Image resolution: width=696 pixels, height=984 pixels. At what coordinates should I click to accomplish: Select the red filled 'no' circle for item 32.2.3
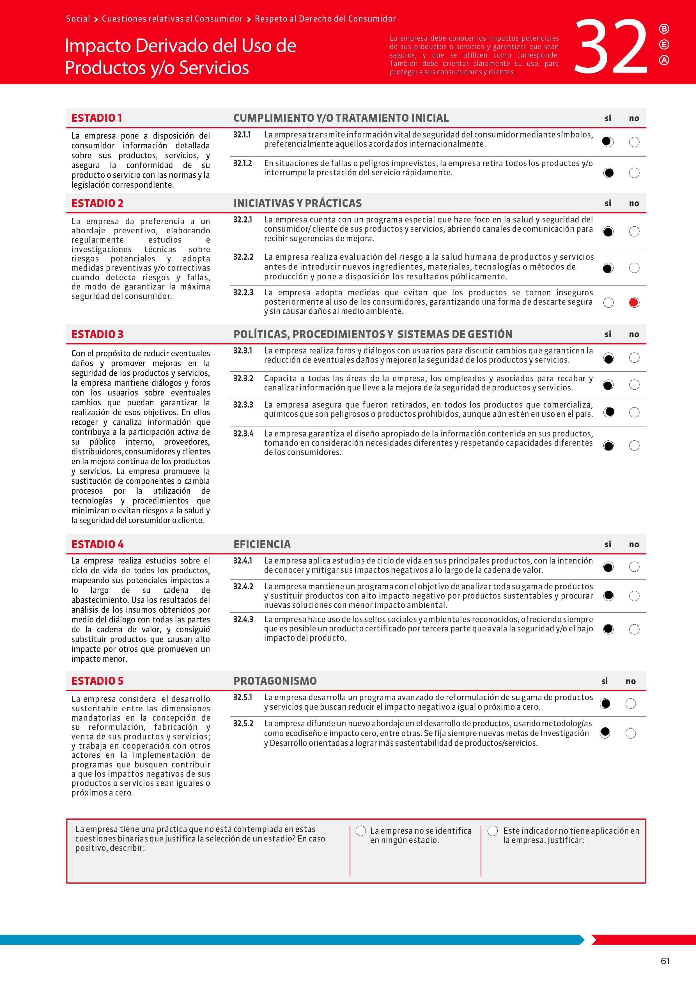click(x=634, y=303)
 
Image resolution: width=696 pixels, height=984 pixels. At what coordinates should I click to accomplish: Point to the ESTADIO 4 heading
click(x=97, y=544)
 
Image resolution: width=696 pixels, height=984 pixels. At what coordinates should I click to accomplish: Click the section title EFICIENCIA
click(x=262, y=544)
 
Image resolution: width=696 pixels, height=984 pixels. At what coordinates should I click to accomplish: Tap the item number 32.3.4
click(x=243, y=434)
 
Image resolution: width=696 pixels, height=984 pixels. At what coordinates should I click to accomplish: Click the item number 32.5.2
click(x=243, y=723)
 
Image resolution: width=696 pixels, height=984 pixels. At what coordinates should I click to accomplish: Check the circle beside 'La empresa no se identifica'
click(x=361, y=831)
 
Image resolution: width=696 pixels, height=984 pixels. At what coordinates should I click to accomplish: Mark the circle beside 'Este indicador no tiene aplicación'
click(x=493, y=831)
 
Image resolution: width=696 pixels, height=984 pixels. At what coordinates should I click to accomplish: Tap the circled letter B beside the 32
click(x=664, y=29)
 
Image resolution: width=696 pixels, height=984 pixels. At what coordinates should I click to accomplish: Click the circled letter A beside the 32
click(x=664, y=60)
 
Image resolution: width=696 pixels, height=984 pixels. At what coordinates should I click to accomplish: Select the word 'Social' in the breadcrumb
click(x=78, y=19)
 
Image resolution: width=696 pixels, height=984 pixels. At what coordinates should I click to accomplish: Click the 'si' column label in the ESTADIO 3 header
click(x=608, y=334)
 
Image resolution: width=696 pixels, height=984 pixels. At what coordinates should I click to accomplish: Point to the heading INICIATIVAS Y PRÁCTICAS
click(x=297, y=203)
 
